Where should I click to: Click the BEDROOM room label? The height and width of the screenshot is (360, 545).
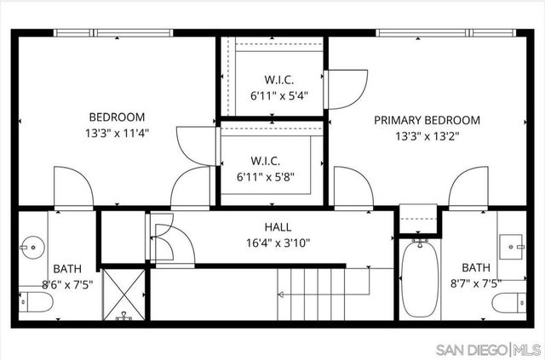point(118,117)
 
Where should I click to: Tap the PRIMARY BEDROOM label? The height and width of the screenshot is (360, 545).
point(427,120)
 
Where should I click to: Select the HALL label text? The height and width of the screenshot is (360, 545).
point(278,227)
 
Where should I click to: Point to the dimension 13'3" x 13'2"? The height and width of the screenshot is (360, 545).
point(427,136)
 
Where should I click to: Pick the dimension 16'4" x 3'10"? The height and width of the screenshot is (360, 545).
point(278,243)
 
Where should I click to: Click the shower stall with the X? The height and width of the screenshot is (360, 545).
point(125,294)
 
